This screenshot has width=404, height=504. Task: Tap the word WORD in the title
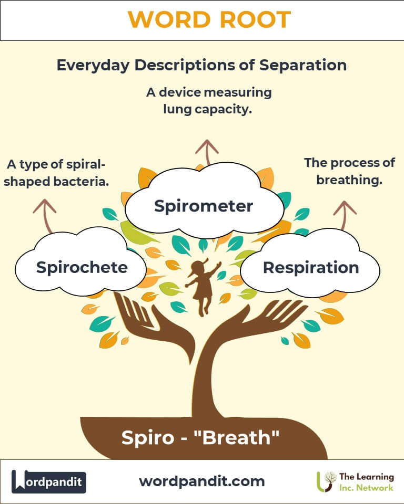pyautogui.click(x=165, y=20)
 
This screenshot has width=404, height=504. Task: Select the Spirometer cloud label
pyautogui.click(x=204, y=206)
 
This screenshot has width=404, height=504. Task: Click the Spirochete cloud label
pyautogui.click(x=82, y=267)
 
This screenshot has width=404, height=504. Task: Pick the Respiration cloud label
pyautogui.click(x=310, y=268)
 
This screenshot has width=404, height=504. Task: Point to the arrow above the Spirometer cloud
pyautogui.click(x=207, y=151)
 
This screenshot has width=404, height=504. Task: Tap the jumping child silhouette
pyautogui.click(x=202, y=286)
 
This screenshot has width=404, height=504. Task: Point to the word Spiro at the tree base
pyautogui.click(x=145, y=437)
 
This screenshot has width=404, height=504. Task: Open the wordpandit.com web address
pyautogui.click(x=202, y=481)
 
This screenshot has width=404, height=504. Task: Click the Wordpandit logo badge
pyautogui.click(x=49, y=481)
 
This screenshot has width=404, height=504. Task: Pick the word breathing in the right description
pyautogui.click(x=349, y=180)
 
